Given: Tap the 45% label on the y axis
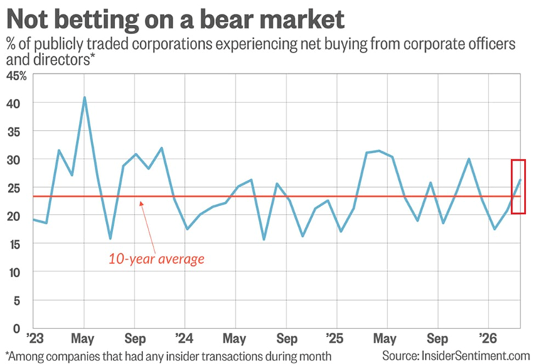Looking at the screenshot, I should click(x=15, y=75).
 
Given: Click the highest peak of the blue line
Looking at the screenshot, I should click(x=85, y=97).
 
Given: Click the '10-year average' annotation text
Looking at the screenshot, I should click(x=156, y=259).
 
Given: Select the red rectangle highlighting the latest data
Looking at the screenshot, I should click(x=518, y=186).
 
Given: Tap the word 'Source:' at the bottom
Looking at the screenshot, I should click(x=401, y=354).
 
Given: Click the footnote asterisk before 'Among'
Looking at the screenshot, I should click(x=7, y=353).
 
